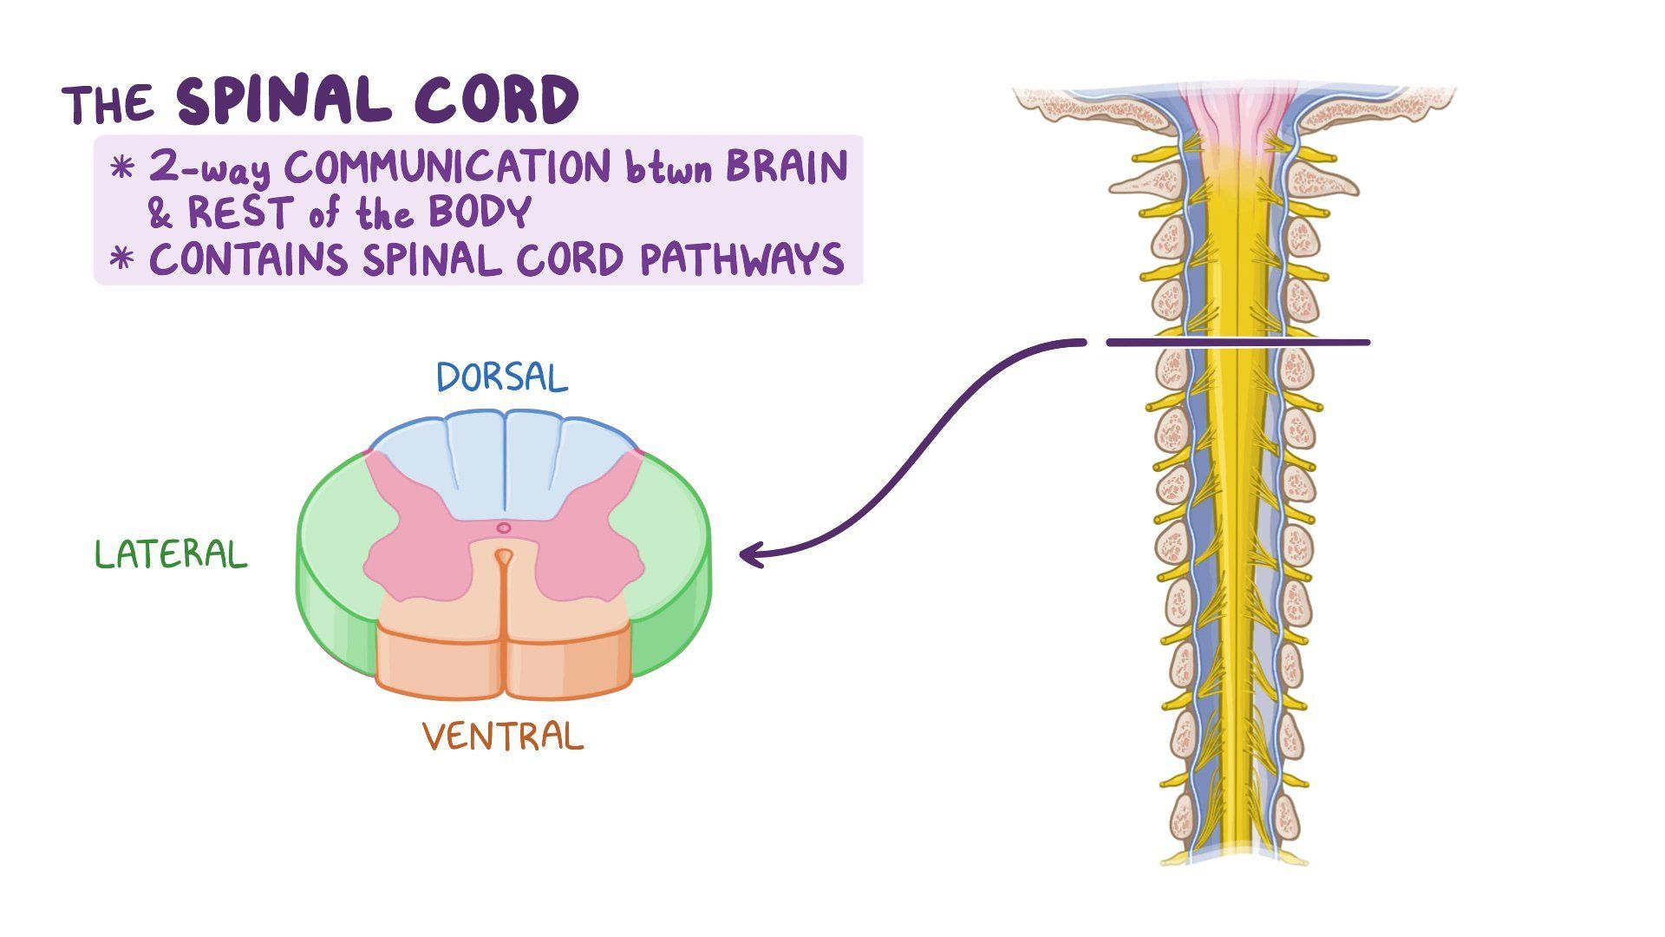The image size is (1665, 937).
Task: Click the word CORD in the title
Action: tap(496, 102)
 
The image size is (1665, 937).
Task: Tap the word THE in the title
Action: tap(108, 106)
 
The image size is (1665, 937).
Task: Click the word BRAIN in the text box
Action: tap(786, 167)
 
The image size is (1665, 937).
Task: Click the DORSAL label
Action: tap(502, 378)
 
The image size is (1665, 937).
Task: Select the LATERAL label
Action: tap(171, 555)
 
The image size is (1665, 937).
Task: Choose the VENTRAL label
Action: tap(503, 737)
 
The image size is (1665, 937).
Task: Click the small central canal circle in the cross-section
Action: tap(503, 527)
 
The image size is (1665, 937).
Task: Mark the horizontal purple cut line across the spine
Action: tap(1237, 343)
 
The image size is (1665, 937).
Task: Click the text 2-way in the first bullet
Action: tap(209, 168)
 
